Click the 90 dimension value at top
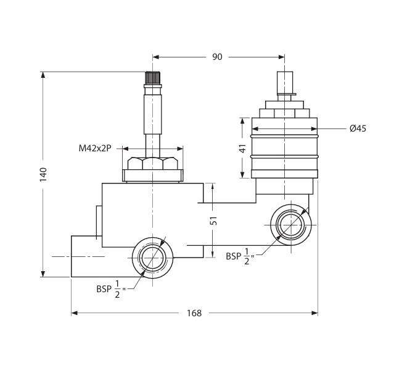coord(217,57)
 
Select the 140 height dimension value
coord(43,174)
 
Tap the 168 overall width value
coord(194,313)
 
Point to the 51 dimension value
coord(213,221)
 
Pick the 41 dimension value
coord(242,148)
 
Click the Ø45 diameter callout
coord(358,128)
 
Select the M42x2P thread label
coord(95,148)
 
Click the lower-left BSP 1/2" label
coord(111,289)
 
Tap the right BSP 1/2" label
coord(240,256)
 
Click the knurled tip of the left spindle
coord(152,77)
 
